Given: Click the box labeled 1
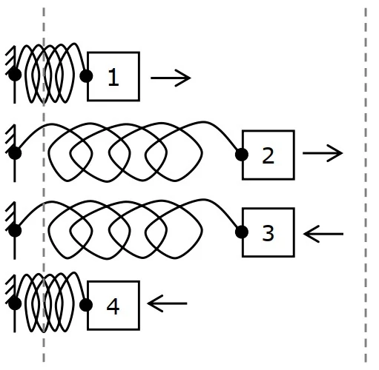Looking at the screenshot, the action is click(x=113, y=76).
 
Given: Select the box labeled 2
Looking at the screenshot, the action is click(x=268, y=155).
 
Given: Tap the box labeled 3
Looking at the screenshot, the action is click(x=268, y=232).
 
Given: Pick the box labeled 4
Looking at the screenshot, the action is click(x=113, y=306).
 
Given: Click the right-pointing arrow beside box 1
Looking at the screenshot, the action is click(x=171, y=78).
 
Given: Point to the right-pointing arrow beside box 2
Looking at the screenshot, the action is click(x=323, y=153).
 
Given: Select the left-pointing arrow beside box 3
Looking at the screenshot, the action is click(x=323, y=234).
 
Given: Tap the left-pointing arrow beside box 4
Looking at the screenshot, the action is click(x=167, y=303).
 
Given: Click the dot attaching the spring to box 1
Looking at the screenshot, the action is click(x=86, y=76).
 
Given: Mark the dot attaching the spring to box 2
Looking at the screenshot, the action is click(x=242, y=155).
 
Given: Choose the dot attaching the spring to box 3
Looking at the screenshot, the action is click(x=242, y=232).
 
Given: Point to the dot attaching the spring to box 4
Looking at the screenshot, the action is click(x=86, y=305).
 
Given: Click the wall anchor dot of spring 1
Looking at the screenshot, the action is click(x=15, y=75).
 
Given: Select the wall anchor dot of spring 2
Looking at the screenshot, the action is click(x=15, y=153).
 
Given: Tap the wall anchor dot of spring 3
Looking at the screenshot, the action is click(x=15, y=231).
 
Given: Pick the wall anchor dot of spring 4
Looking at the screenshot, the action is click(x=15, y=303).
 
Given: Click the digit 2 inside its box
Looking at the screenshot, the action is click(x=268, y=155).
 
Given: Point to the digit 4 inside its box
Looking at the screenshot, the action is click(x=113, y=306).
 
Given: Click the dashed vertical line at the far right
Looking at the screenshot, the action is click(x=366, y=185).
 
